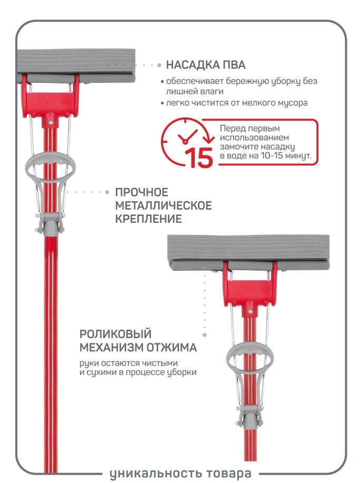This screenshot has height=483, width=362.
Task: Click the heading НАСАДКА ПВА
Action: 206,65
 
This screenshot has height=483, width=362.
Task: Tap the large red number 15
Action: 200,157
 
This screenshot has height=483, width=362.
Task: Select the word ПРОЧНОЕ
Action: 142,192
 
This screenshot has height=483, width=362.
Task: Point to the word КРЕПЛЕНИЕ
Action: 148,219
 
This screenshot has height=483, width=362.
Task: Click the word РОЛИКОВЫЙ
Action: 115,334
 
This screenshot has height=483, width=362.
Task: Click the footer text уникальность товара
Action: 180,473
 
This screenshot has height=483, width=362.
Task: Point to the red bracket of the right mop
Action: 250,289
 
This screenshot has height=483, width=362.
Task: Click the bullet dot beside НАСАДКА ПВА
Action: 159,65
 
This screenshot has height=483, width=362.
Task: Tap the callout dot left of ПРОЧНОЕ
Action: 107,192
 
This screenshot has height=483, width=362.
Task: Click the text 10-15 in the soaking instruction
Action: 272,155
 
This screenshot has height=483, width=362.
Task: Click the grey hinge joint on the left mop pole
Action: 49,224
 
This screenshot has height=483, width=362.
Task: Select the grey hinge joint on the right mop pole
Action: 249,416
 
